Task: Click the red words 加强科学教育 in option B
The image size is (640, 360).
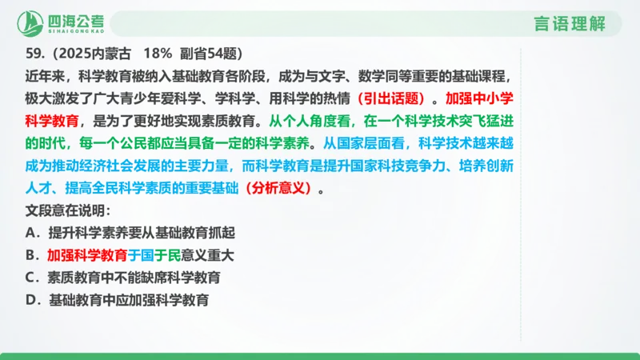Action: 87,256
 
